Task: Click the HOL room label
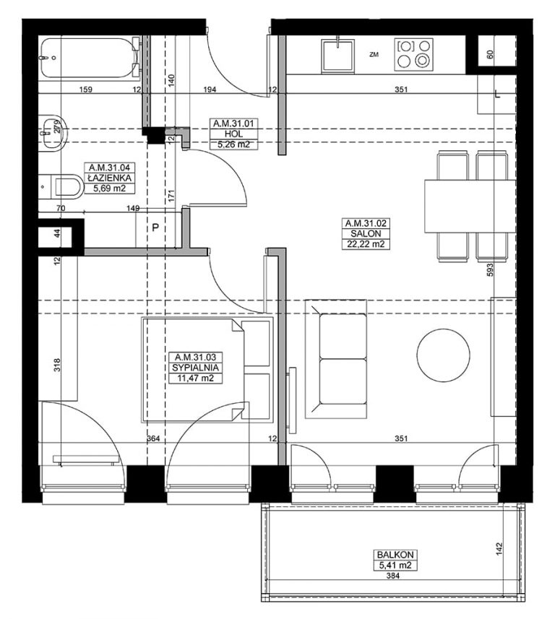click(233, 134)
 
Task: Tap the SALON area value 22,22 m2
click(366, 244)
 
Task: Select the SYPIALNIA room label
click(195, 368)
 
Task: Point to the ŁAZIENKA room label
click(109, 178)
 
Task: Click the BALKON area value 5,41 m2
click(395, 566)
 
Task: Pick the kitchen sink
click(337, 56)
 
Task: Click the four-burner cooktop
click(413, 54)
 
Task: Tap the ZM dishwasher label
click(374, 55)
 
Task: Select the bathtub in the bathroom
click(90, 58)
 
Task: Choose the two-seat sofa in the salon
click(336, 359)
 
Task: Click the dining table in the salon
click(470, 206)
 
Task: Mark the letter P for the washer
click(155, 228)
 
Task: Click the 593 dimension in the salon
click(490, 270)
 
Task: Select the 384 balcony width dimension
click(393, 576)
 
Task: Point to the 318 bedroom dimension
click(58, 365)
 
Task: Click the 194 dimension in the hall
click(210, 90)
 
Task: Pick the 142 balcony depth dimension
click(499, 550)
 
